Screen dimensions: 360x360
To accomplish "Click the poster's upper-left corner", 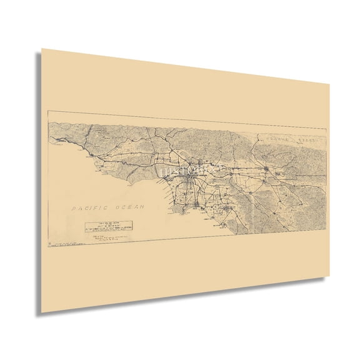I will (42, 48).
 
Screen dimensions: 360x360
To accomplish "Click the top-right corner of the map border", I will (326, 129).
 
